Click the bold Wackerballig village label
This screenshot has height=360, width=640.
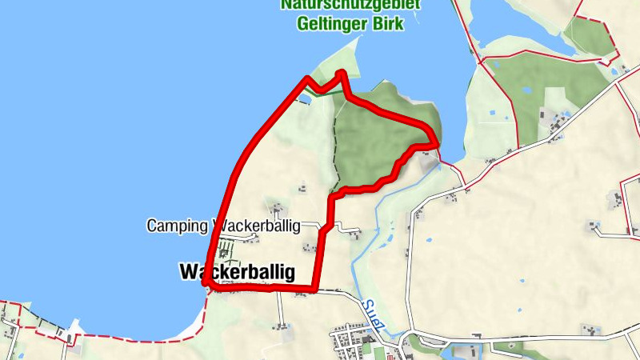point(237,272)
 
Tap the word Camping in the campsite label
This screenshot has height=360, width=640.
point(176,226)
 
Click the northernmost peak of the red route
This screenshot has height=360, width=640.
point(342,73)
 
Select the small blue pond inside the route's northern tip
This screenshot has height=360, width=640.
point(305,99)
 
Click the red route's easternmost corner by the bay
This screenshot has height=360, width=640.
point(436,143)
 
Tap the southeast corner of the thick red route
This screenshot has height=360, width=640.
point(316,289)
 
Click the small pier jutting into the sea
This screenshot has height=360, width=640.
point(74,328)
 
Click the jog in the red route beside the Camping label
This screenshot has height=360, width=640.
point(325,228)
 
